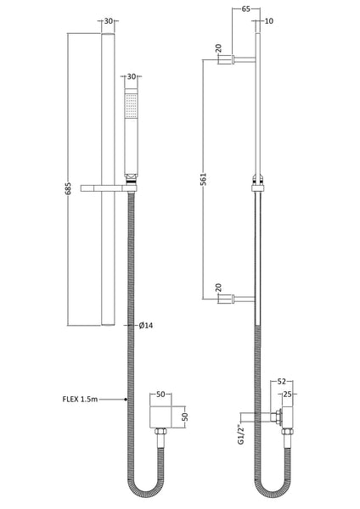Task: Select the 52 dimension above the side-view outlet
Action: point(281,383)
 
